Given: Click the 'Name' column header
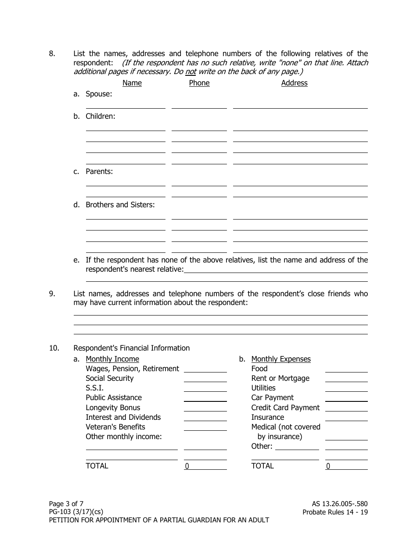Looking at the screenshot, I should pos(132,83).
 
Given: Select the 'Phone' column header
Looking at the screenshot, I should pos(199,83).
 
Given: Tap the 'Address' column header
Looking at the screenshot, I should pos(294,83).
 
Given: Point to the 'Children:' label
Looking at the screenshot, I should pos(100,116).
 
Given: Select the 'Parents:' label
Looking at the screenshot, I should pos(99,171).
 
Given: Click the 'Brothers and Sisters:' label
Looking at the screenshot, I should pos(120,205).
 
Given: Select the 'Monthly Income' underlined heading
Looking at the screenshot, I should pos(112,359).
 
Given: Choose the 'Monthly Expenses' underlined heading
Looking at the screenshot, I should pos(281,359).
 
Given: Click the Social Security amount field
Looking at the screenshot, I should pos(205,379).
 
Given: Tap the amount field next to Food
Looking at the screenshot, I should pos(346,369).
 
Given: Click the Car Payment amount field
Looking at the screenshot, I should pos(346,398).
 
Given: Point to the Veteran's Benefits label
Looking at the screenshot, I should pos(115,427).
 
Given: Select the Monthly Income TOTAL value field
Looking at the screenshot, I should pos(205,466).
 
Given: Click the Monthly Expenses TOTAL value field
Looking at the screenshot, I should pos(346,466).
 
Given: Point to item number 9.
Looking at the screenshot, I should pos(52,294).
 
